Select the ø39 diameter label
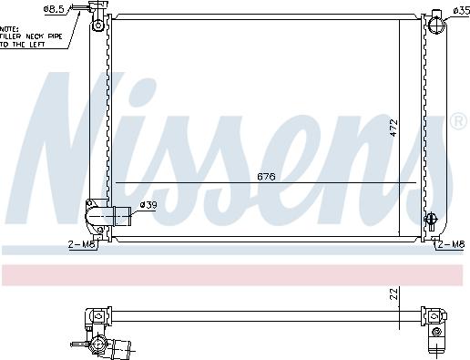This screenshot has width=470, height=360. pos(148,206)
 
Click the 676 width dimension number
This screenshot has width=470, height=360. pos(265,176)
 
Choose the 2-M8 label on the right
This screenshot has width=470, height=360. pos(452,244)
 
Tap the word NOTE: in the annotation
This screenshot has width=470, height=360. pos(10,26)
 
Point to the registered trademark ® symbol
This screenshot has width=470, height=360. pos(458,120)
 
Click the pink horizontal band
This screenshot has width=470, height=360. pos(235,273)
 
